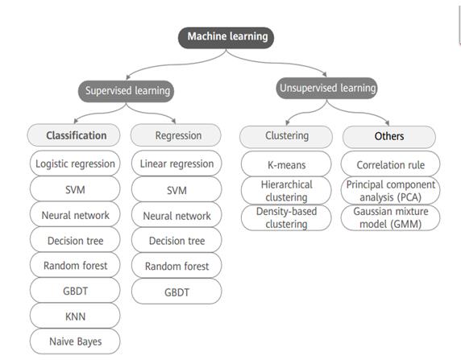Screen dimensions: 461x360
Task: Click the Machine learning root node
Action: (x=226, y=38)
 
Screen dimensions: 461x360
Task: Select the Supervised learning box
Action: (x=126, y=91)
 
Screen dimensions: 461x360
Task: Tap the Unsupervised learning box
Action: (x=326, y=88)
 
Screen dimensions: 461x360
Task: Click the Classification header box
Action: (x=74, y=135)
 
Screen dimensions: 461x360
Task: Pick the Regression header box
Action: (x=176, y=135)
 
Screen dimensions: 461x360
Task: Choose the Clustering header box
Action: (x=286, y=137)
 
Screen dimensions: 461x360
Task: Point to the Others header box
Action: (x=389, y=137)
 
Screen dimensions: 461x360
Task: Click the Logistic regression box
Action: (x=75, y=163)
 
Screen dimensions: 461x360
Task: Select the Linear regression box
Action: (x=177, y=163)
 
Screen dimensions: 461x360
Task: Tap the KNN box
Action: (x=75, y=316)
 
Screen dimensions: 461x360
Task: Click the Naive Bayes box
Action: (x=75, y=341)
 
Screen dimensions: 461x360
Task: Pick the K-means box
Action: (x=286, y=164)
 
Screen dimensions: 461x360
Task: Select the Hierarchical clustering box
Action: (x=286, y=190)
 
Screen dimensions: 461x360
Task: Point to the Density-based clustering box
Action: (x=286, y=217)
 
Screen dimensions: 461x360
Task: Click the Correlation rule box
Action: (x=390, y=164)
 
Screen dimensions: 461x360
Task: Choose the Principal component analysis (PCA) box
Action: (x=390, y=190)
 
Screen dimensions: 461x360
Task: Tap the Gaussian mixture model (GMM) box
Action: (x=390, y=217)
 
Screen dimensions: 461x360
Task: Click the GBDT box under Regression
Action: (x=177, y=292)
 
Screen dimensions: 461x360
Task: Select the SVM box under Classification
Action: (x=75, y=189)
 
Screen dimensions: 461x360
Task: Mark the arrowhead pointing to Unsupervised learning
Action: (x=325, y=74)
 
